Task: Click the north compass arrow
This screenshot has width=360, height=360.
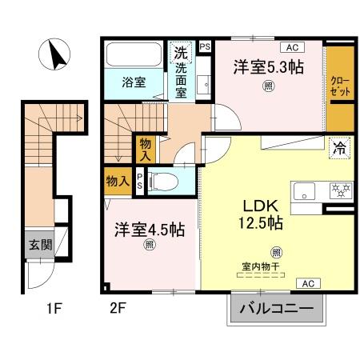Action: [x=57, y=56]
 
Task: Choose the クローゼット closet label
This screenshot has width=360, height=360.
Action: [x=339, y=86]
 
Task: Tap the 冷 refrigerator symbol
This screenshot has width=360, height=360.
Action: [x=338, y=146]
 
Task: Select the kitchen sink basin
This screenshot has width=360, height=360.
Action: [x=306, y=191]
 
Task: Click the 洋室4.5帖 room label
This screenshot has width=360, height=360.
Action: [x=150, y=230]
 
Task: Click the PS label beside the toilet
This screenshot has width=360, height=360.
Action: [x=141, y=181]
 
